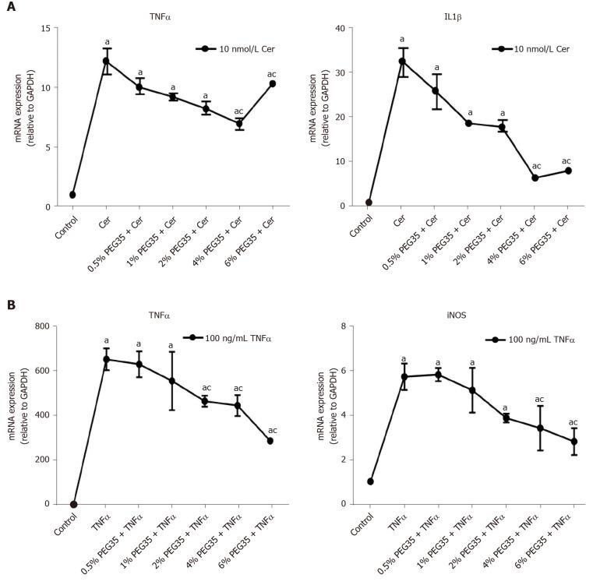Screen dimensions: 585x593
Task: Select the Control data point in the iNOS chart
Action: tap(370, 481)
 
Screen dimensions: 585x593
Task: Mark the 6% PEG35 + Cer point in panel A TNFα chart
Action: tap(273, 83)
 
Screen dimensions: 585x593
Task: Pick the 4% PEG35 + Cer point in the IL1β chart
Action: tap(535, 178)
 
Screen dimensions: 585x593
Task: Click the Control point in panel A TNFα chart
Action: tap(72, 195)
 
